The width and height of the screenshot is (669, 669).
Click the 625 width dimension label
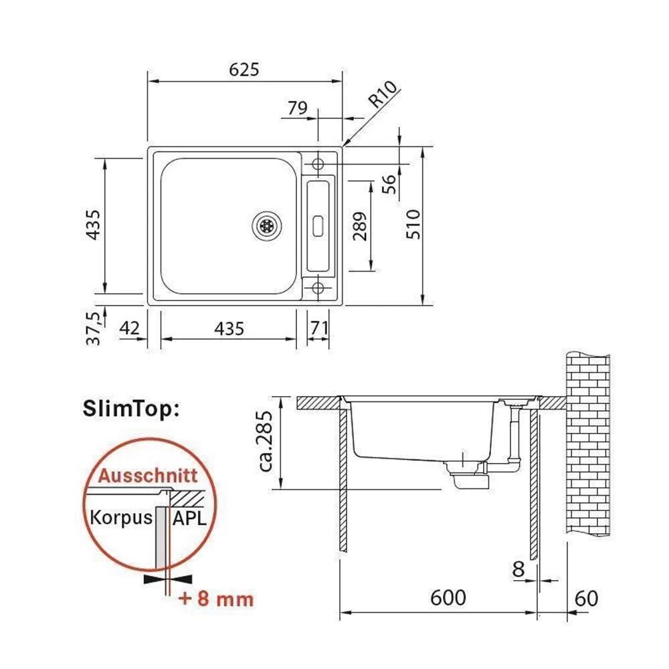pyautogui.click(x=244, y=70)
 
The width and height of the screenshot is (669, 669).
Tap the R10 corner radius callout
pyautogui.click(x=383, y=94)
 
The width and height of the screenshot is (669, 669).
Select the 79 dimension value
pyautogui.click(x=298, y=108)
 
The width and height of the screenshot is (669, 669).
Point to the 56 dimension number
pyautogui.click(x=389, y=184)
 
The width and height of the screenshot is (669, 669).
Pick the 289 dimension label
pyautogui.click(x=360, y=226)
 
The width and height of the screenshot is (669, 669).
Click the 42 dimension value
pyautogui.click(x=129, y=328)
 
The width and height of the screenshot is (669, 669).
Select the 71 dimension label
pyautogui.click(x=319, y=328)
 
